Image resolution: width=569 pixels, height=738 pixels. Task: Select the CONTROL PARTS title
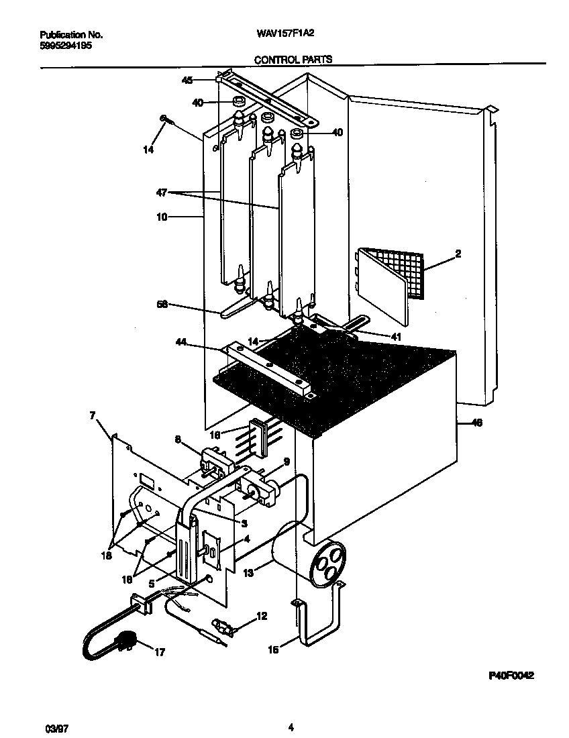[293, 60]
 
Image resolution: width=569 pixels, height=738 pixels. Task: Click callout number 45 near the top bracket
[187, 80]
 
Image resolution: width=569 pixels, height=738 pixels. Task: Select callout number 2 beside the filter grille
[458, 254]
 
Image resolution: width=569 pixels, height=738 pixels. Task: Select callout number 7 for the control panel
[93, 416]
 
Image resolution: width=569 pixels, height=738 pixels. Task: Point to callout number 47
[161, 192]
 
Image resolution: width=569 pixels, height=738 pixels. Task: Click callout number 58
[161, 305]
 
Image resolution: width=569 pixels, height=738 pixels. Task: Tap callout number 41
[396, 337]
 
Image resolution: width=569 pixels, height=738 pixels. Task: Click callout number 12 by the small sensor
[261, 615]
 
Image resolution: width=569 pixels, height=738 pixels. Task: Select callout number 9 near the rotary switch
[287, 461]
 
